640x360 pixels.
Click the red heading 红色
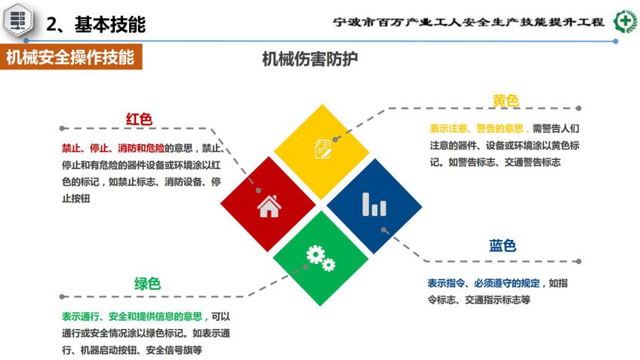(x=139, y=119)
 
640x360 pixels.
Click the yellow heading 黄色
(x=506, y=100)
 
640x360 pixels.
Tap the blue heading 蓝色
(x=503, y=246)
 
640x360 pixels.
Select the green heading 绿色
(x=147, y=283)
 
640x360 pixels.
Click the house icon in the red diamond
(x=269, y=206)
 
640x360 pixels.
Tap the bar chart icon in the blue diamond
(x=374, y=204)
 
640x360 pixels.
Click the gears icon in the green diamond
(x=321, y=258)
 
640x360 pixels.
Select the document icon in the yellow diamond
(x=323, y=149)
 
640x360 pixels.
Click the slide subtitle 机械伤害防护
(x=309, y=59)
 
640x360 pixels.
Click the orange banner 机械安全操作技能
(x=71, y=57)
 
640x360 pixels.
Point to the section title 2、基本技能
(x=96, y=24)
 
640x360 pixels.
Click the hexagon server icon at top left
(x=17, y=19)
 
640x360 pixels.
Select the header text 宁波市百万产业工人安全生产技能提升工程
(x=468, y=22)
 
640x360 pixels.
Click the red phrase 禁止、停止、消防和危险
(x=113, y=148)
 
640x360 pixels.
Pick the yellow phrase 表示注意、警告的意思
(x=476, y=128)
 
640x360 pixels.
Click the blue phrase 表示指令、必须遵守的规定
(x=483, y=283)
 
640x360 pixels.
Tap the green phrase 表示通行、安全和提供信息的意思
(x=132, y=316)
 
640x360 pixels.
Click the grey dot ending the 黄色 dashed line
(x=578, y=108)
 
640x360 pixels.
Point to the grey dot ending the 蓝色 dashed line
(x=578, y=261)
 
